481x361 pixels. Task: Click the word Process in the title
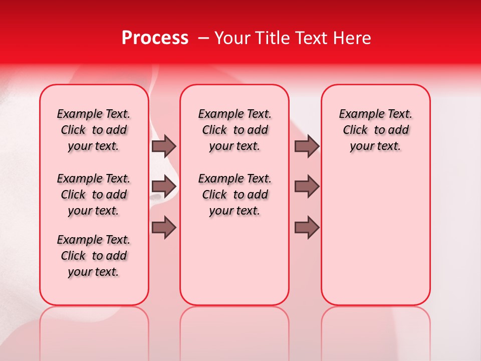click(x=155, y=38)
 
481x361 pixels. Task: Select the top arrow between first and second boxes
click(x=164, y=146)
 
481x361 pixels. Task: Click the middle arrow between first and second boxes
click(x=164, y=186)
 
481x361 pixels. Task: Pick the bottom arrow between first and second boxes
click(x=164, y=228)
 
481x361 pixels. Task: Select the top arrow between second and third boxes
click(x=307, y=146)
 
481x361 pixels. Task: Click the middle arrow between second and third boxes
click(x=307, y=186)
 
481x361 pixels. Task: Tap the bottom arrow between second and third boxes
click(x=307, y=228)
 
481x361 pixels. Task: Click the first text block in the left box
click(x=94, y=130)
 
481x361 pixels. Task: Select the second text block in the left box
click(x=94, y=195)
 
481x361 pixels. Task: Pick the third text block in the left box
click(x=94, y=256)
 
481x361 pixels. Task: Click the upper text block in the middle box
click(x=235, y=130)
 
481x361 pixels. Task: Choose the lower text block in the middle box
click(x=235, y=195)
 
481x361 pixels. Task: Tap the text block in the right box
click(x=376, y=130)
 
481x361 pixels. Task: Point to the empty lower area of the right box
click(x=376, y=241)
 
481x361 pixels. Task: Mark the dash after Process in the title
click(x=203, y=38)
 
